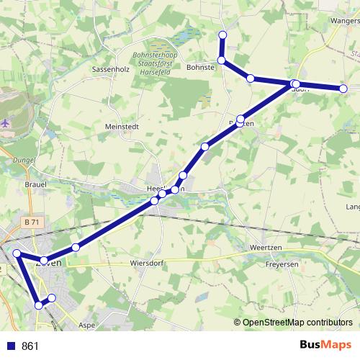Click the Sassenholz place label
[110, 71]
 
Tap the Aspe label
[87, 325]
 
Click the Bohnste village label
[201, 67]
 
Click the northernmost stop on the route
[222, 35]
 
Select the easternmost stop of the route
[343, 88]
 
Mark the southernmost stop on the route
[39, 305]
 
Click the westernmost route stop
[17, 253]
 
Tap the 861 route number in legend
[30, 346]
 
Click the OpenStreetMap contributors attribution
[297, 322]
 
